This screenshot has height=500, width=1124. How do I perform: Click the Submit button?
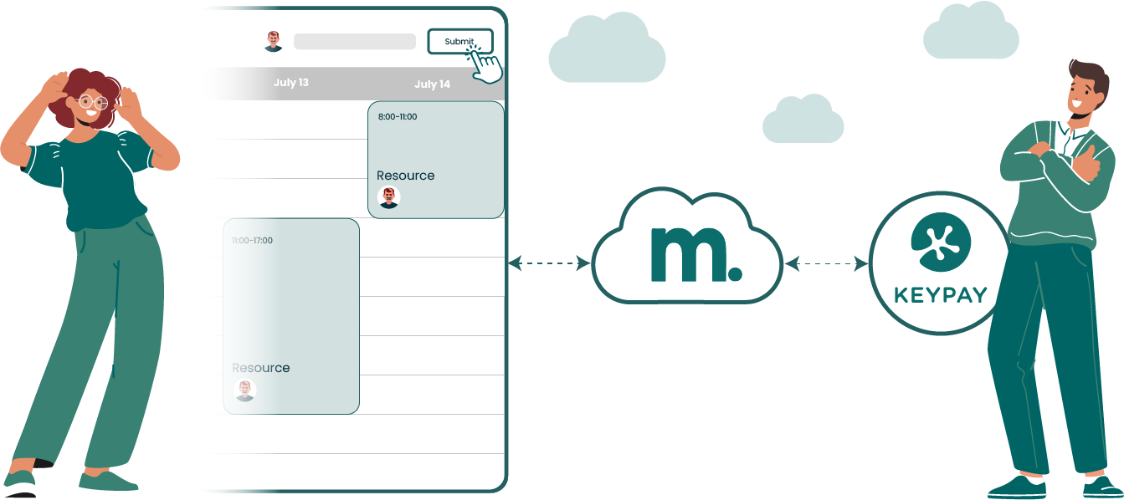tap(459, 41)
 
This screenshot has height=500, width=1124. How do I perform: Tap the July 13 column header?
tap(291, 83)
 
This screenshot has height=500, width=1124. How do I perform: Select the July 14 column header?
tap(432, 84)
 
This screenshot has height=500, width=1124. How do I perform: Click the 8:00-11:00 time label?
tap(398, 117)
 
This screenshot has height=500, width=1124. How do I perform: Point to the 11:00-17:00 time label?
tap(252, 241)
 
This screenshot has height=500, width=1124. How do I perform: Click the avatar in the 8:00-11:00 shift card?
tap(388, 197)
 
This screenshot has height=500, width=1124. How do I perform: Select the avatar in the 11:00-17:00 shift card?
tap(244, 390)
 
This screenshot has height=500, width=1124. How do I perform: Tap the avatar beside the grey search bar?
tap(274, 41)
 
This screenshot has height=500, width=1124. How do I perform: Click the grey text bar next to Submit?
tap(355, 42)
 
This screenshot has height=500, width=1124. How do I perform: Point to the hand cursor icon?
tap(485, 64)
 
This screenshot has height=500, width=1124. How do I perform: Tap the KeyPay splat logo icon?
tap(940, 242)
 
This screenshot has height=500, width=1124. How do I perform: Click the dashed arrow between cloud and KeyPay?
tap(827, 264)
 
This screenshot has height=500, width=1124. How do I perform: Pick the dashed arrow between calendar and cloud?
tap(549, 263)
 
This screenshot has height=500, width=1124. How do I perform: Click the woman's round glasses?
tap(91, 103)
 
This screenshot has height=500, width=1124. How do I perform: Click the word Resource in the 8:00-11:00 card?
tap(406, 176)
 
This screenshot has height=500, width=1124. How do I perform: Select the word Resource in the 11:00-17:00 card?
tap(261, 368)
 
